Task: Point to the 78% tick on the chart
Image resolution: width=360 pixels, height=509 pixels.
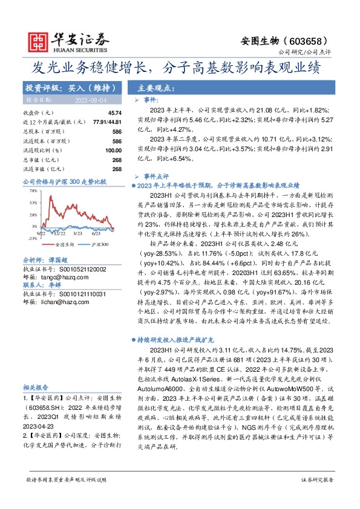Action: coord(31,190)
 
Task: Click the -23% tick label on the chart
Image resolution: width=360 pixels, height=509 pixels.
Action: coord(31,238)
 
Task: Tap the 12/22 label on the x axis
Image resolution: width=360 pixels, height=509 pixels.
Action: coord(59,232)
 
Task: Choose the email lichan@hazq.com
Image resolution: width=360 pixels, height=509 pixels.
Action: coord(60,302)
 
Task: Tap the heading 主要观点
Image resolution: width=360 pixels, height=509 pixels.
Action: coord(159,87)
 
